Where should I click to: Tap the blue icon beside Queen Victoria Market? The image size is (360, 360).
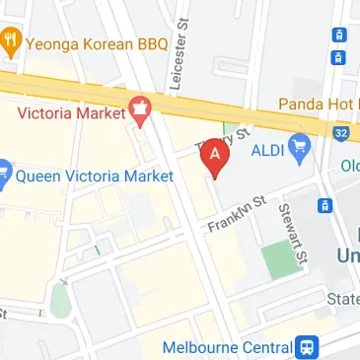pyautogui.click(x=5, y=177)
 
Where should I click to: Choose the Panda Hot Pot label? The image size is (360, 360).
pyautogui.click(x=319, y=104)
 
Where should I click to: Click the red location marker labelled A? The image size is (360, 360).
pyautogui.click(x=215, y=156)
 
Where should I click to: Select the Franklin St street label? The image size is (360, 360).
pyautogui.click(x=237, y=213)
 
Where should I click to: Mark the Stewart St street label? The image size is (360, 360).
pyautogui.click(x=293, y=233)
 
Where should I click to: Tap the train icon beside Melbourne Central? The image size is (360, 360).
pyautogui.click(x=308, y=347)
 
